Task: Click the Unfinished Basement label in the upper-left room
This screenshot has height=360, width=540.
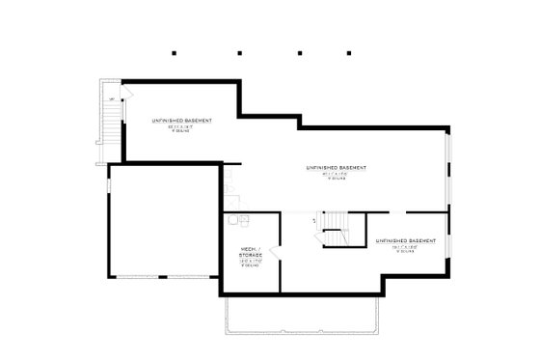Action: [181, 121]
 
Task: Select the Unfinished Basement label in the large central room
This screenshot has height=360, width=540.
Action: [337, 168]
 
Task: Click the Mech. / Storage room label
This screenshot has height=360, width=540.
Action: [254, 253]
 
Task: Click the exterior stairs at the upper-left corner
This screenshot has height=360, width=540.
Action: [112, 120]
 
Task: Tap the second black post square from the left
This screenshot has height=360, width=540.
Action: [237, 52]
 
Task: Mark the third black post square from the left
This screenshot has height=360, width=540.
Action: [301, 52]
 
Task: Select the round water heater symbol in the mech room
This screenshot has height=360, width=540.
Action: [232, 220]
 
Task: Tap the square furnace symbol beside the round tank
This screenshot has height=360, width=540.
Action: [244, 218]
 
